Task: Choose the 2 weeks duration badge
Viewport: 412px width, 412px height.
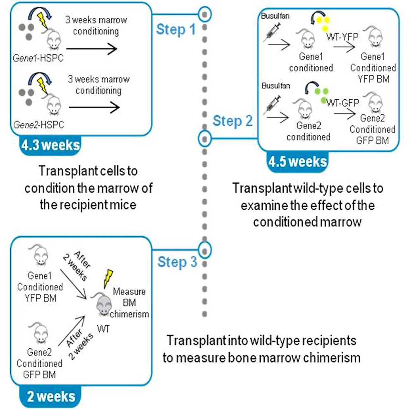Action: point(51,397)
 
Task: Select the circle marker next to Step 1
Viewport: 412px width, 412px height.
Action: point(205,14)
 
